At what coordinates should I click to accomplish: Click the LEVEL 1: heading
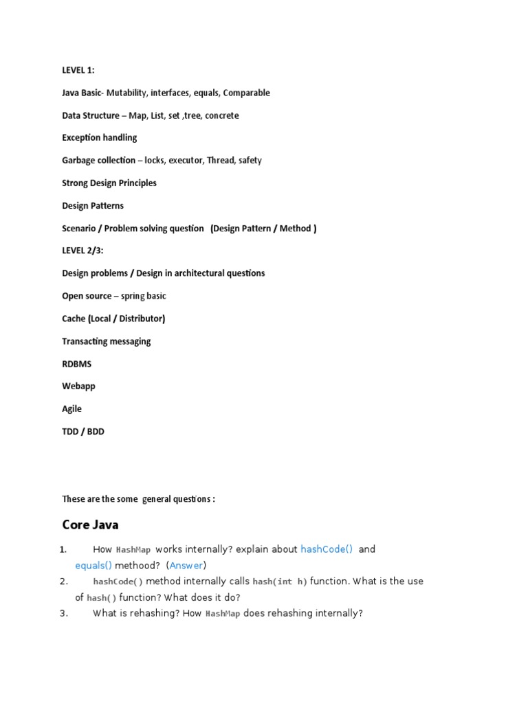(78, 70)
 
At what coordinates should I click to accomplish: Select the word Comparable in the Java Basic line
(247, 93)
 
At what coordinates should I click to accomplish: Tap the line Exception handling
(100, 137)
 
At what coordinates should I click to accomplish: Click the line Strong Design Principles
(109, 183)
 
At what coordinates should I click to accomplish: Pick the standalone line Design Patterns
(93, 205)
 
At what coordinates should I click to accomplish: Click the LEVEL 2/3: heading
(82, 251)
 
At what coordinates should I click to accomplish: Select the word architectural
(204, 273)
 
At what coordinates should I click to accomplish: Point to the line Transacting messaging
(107, 341)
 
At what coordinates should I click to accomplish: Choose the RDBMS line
(76, 364)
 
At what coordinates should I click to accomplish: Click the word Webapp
(78, 386)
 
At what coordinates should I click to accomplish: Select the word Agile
(71, 408)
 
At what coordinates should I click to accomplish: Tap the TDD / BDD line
(83, 431)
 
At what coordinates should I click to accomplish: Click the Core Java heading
(90, 525)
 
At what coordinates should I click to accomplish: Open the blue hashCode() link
(327, 549)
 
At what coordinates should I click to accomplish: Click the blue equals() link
(93, 566)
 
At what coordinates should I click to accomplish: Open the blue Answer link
(186, 566)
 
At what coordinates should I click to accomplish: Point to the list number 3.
(64, 613)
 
